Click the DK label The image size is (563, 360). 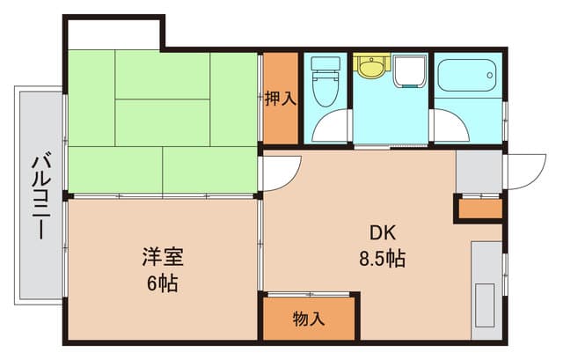click(x=382, y=234)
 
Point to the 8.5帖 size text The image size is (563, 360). click(x=382, y=260)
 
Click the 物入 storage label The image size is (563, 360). click(x=309, y=319)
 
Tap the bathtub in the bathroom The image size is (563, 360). click(x=466, y=76)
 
